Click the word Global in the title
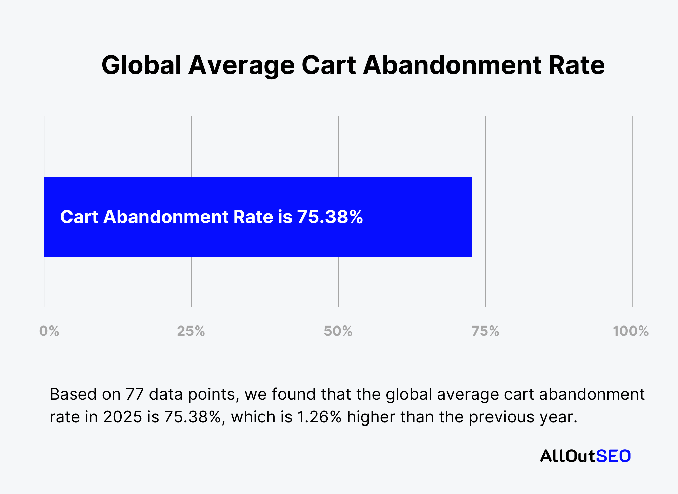141,65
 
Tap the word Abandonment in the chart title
452,65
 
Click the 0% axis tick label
49,331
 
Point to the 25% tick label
191,331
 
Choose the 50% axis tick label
338,331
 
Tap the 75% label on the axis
485,331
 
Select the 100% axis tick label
631,331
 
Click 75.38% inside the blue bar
330,217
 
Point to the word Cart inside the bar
79,217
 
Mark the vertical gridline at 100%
633,210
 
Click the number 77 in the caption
135,394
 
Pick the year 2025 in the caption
122,417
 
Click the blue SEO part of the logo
613,456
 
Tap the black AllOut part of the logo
568,456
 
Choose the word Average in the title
241,65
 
